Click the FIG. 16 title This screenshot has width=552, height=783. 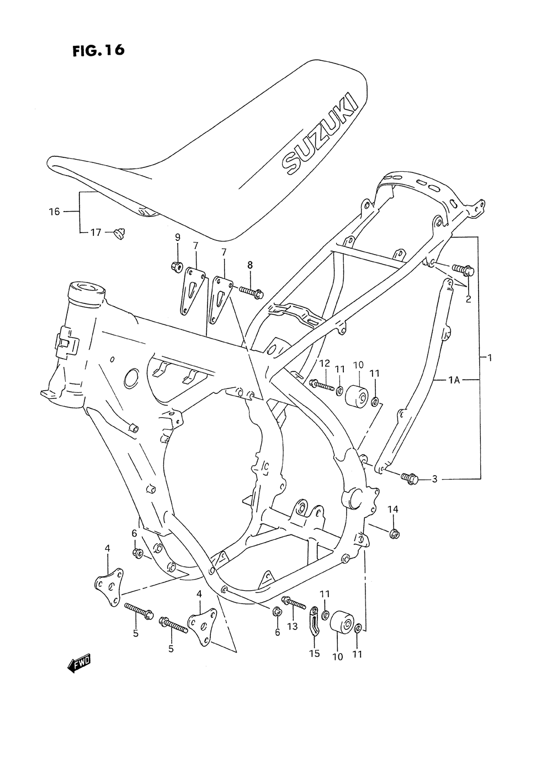click(98, 50)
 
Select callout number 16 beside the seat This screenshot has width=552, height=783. click(54, 211)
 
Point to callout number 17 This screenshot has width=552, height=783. click(95, 233)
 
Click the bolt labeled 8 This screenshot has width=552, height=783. click(250, 291)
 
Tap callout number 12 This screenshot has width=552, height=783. click(324, 363)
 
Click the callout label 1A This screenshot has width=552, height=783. click(454, 380)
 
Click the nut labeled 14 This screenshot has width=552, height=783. click(394, 533)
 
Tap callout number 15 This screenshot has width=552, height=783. click(314, 654)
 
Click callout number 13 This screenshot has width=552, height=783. click(292, 626)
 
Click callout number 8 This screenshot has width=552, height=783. click(250, 266)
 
